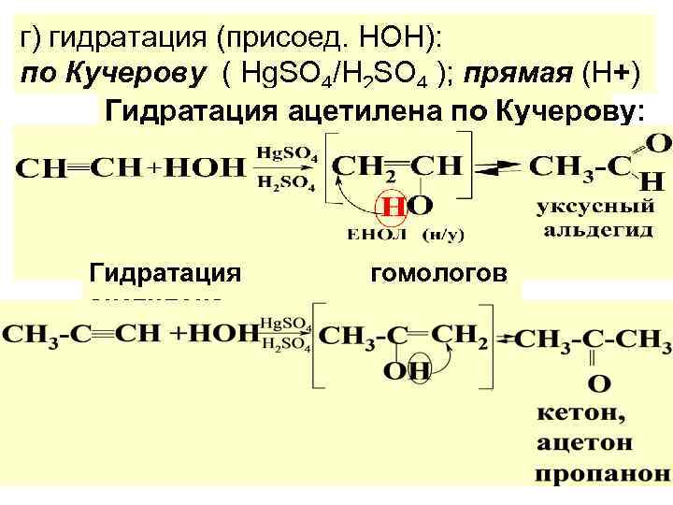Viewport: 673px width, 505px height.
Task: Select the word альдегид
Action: [593, 229]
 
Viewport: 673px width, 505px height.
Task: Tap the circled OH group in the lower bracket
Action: [407, 371]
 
